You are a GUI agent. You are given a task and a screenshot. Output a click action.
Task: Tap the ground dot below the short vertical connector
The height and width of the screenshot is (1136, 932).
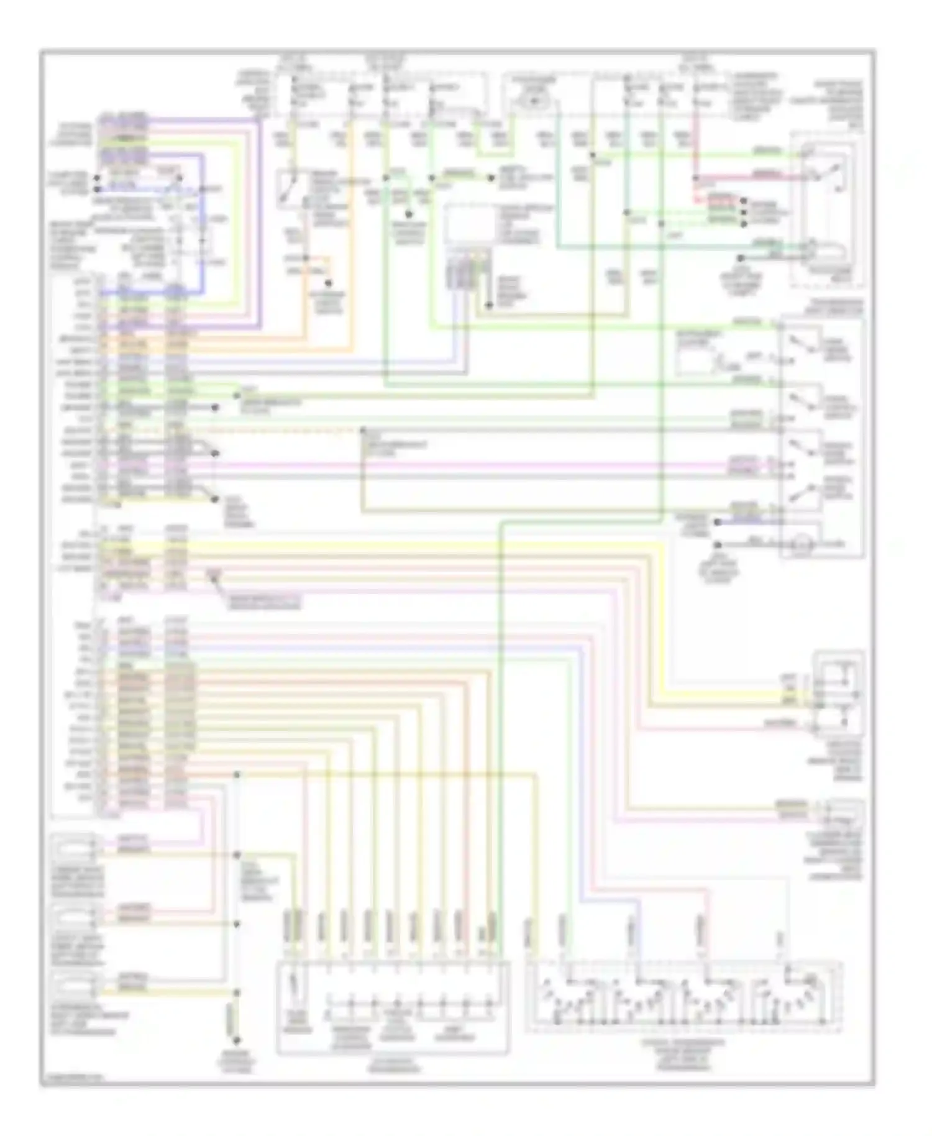[x=236, y=1040]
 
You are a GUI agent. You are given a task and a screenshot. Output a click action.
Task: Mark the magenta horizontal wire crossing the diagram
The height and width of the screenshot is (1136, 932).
[x=435, y=464]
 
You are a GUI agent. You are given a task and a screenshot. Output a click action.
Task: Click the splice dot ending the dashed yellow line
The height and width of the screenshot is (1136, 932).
[x=362, y=430]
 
